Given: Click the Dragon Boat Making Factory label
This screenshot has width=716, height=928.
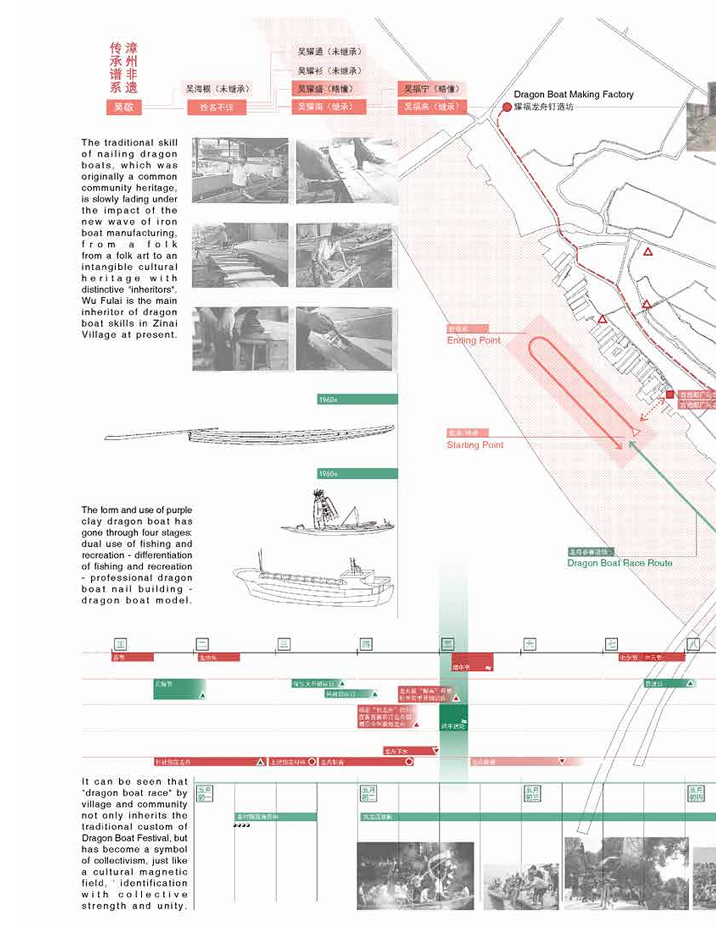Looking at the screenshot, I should coord(573,94).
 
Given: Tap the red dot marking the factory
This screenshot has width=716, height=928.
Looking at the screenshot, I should coord(507,107).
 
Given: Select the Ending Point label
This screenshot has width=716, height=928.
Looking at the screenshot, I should coord(474,340).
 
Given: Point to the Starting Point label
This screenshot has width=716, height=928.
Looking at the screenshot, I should coord(475,445).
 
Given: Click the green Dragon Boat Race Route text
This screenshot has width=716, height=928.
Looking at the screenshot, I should coord(620,563).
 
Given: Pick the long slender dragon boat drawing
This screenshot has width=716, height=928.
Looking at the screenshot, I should coord(250,434).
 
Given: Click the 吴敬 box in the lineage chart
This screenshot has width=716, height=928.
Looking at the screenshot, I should coord(124,107).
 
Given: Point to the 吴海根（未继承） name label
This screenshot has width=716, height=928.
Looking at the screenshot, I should coord(217,89).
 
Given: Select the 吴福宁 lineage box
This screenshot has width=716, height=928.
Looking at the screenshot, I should coord(432,89).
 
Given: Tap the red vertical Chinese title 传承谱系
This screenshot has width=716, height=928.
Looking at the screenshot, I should coord(116,67).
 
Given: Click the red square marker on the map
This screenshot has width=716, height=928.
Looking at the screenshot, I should coord(670,394).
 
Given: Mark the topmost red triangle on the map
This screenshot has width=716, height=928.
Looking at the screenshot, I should coord(648,251).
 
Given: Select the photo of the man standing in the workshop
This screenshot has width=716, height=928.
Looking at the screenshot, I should coord(240,170).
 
